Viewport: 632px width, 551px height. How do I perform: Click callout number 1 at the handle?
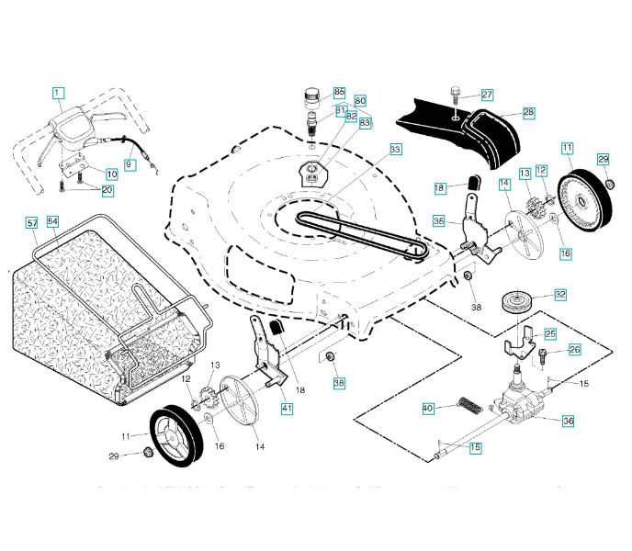pos(58,93)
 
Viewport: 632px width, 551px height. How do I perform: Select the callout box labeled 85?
pos(339,93)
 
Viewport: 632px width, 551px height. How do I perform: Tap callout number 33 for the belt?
pos(395,149)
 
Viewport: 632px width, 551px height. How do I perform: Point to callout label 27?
pos(487,95)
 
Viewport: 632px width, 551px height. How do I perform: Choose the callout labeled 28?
pos(528,113)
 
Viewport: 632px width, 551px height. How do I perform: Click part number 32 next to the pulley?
pos(559,295)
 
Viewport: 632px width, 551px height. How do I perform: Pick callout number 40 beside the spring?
pos(427,408)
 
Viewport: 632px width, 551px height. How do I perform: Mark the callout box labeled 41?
pos(288,409)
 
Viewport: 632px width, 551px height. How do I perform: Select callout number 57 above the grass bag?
pos(31,223)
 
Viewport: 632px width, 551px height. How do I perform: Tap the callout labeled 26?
pos(574,349)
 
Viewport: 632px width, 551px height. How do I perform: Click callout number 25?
pos(550,333)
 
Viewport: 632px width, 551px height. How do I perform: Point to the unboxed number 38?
pos(476,306)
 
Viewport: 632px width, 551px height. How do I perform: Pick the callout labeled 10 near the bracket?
pos(111,173)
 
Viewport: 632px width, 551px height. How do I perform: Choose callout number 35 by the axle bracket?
pos(439,221)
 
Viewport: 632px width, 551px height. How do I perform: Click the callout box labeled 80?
pos(359,100)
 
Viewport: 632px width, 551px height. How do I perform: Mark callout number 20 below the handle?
pos(107,190)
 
